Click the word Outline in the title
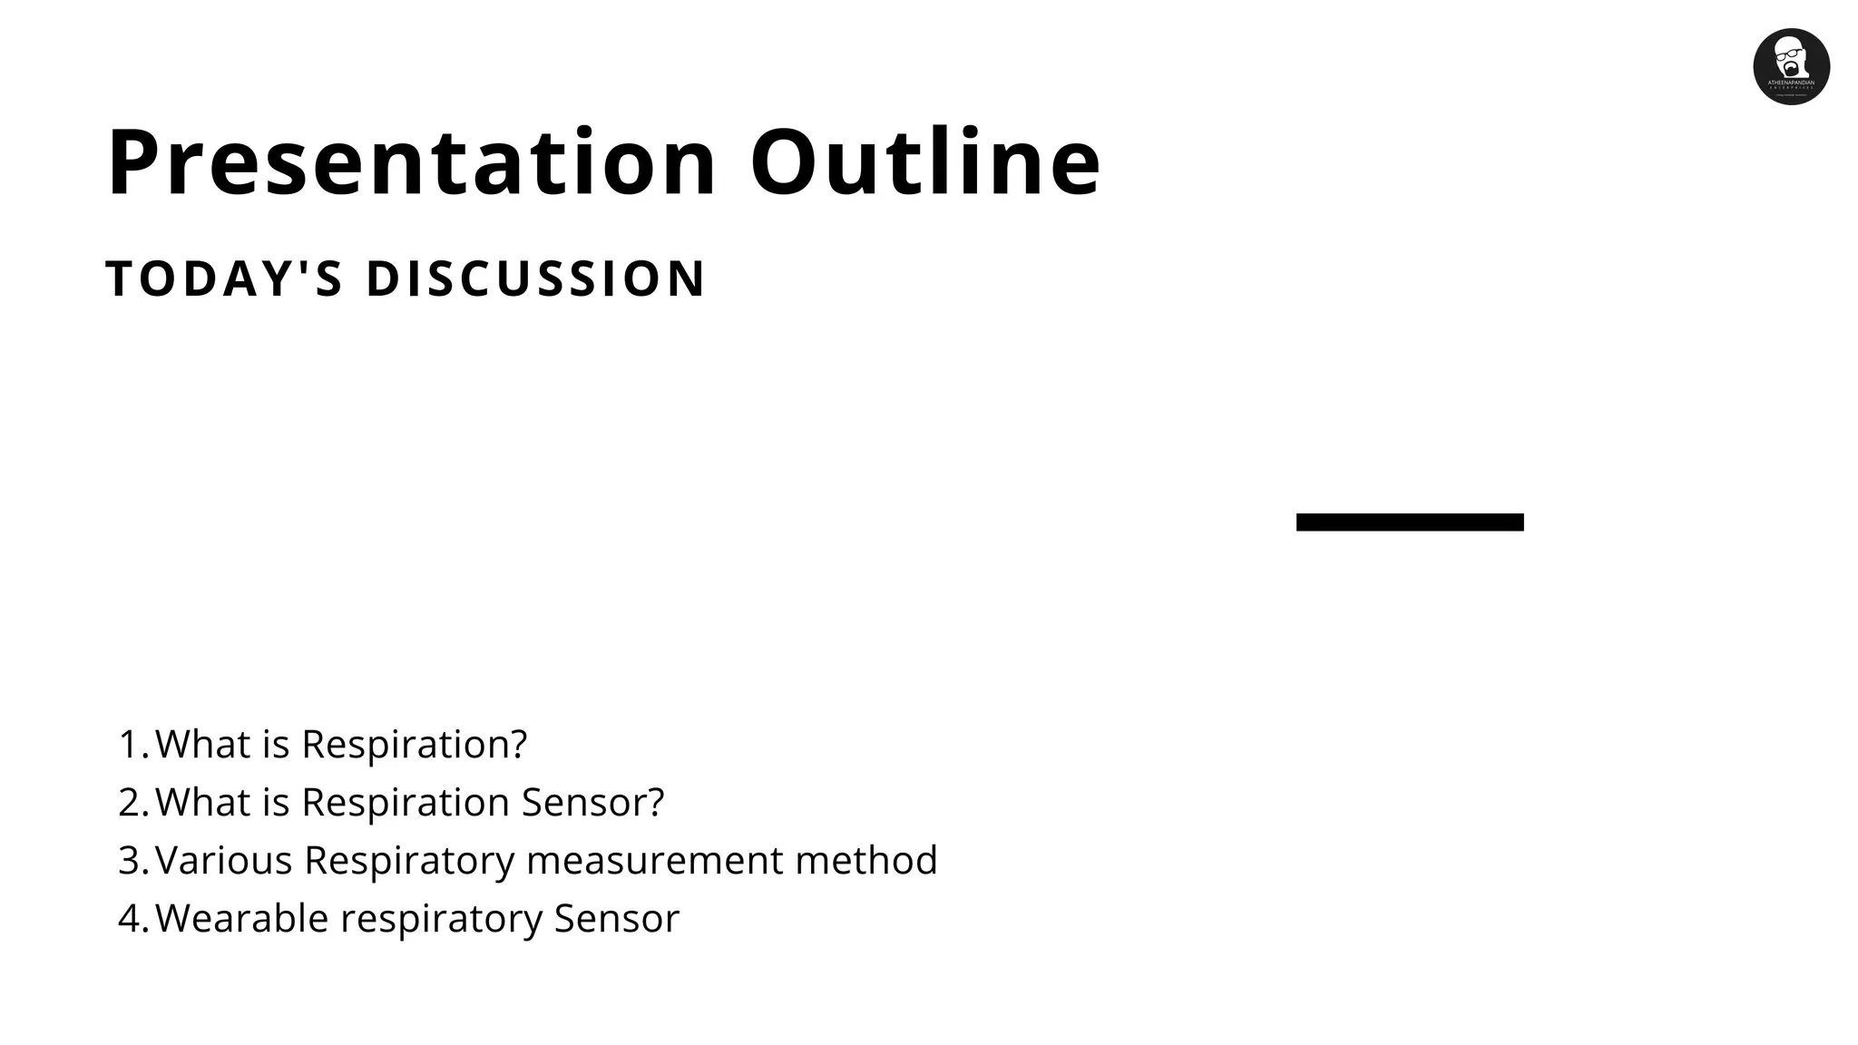pyautogui.click(x=925, y=163)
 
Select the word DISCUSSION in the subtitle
pyautogui.click(x=535, y=278)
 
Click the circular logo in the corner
pyautogui.click(x=1791, y=66)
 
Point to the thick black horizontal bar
pyautogui.click(x=1410, y=522)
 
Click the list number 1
pyautogui.click(x=131, y=745)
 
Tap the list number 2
pyautogui.click(x=131, y=803)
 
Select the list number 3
pyautogui.click(x=131, y=861)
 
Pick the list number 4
pyautogui.click(x=131, y=919)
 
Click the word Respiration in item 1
pyautogui.click(x=414, y=745)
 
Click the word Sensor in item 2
pyautogui.click(x=592, y=803)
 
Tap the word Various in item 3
pyautogui.click(x=224, y=861)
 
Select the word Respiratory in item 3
pyautogui.click(x=409, y=861)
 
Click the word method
pyautogui.click(x=865, y=861)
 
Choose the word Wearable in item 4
pyautogui.click(x=242, y=919)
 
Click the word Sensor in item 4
pyautogui.click(x=616, y=919)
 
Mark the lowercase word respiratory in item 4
pyautogui.click(x=441, y=919)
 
